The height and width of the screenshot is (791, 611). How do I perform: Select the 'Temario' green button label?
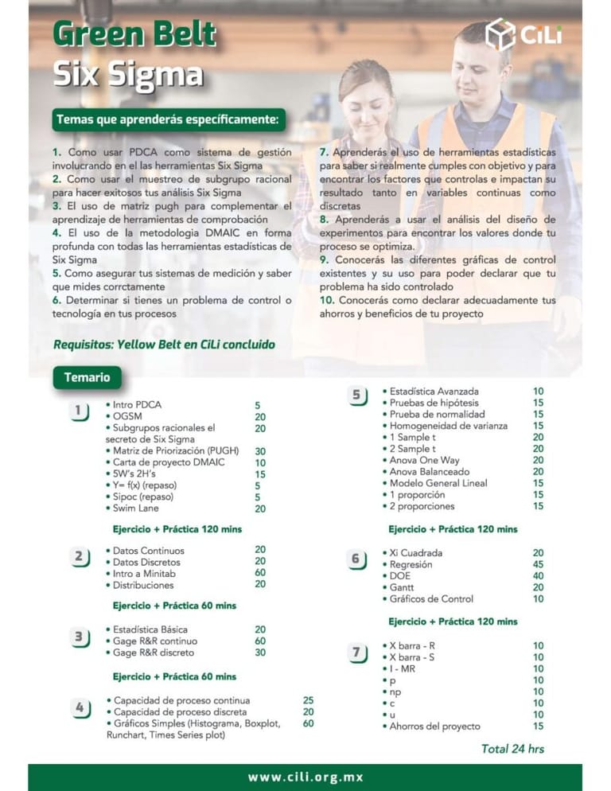tap(87, 376)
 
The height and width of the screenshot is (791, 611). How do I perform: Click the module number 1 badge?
tap(78, 411)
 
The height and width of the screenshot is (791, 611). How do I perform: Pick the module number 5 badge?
tap(356, 395)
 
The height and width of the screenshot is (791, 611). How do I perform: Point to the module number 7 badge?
tap(356, 653)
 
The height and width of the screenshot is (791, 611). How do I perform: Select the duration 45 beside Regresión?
tap(538, 564)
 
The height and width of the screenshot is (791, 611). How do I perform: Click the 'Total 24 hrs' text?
tap(513, 748)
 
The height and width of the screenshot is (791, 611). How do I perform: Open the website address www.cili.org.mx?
tap(305, 777)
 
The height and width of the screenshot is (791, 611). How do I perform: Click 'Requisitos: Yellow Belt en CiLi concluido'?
tap(164, 345)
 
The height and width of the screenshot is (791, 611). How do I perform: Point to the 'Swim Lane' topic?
tap(135, 508)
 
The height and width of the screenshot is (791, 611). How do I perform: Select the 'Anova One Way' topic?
tap(424, 460)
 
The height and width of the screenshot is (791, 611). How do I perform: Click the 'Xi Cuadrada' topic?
tap(415, 552)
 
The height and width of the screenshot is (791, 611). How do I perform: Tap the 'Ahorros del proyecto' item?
tap(434, 726)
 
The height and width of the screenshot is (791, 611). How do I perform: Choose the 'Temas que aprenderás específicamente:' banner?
tap(168, 120)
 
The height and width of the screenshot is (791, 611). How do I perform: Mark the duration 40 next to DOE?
tap(538, 575)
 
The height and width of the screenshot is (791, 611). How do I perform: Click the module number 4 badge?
tap(79, 707)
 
